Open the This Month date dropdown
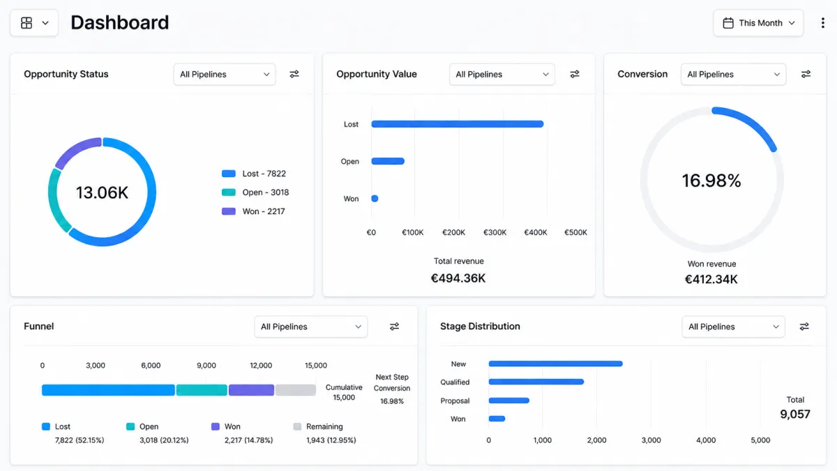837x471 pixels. (x=758, y=23)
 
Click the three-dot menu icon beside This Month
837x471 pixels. (x=823, y=23)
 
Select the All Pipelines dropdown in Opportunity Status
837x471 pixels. (x=224, y=75)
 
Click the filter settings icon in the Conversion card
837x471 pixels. (x=806, y=74)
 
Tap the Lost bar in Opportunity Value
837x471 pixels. (x=458, y=124)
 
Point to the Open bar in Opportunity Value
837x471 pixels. (x=388, y=161)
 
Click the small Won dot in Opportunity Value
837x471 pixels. (x=375, y=198)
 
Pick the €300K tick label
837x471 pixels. (x=495, y=232)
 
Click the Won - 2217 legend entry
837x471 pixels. (x=253, y=211)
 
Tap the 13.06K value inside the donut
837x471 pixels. (x=102, y=193)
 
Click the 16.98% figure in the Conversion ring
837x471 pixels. (x=711, y=181)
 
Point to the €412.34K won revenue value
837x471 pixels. (x=711, y=279)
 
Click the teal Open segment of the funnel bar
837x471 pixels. (x=202, y=390)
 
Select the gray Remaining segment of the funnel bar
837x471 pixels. (x=296, y=390)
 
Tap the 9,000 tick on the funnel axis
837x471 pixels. (x=206, y=365)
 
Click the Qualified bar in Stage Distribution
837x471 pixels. (x=536, y=382)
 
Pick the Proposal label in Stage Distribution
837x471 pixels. (x=455, y=401)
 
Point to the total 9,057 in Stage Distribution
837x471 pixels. (x=795, y=414)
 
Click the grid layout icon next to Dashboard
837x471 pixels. (x=27, y=23)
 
